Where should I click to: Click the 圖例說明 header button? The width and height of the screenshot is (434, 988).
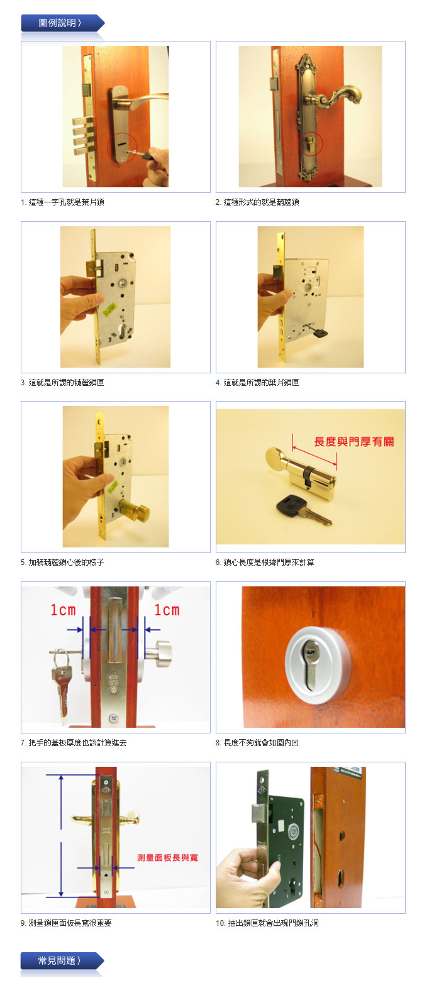click(62, 23)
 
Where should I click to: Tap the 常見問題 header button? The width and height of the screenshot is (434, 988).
click(62, 960)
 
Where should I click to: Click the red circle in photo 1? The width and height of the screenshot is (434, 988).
click(122, 148)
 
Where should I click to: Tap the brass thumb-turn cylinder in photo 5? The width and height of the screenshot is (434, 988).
click(135, 512)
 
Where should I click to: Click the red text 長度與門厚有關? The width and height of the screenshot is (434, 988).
click(353, 441)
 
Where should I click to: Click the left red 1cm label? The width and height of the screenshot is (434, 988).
click(63, 610)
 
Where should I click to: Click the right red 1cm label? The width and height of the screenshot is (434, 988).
click(167, 610)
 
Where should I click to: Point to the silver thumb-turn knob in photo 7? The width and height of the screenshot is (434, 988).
click(159, 654)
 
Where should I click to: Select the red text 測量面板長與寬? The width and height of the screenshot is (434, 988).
click(167, 857)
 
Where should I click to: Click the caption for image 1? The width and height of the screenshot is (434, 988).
click(62, 202)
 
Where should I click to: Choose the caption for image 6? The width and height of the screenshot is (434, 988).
click(265, 563)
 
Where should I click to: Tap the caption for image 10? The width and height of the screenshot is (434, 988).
click(267, 923)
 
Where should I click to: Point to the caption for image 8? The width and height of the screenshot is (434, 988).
click(257, 743)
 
